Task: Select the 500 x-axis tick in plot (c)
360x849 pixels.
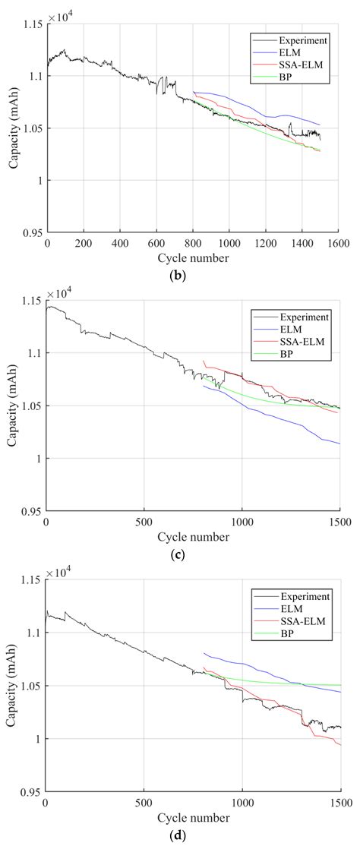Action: coord(144,522)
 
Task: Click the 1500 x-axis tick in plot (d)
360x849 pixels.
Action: coord(339,802)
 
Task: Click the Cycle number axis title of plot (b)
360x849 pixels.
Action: coord(193,257)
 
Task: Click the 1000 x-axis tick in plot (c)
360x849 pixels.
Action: coord(242,522)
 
